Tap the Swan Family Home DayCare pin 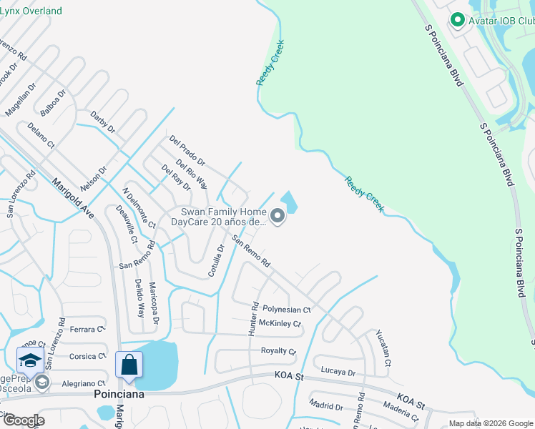click(277, 215)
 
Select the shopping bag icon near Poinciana click(129, 365)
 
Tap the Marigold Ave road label click(72, 197)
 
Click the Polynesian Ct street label click(287, 310)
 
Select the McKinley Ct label click(280, 324)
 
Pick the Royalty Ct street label click(278, 351)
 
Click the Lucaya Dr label click(338, 372)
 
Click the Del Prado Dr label click(187, 151)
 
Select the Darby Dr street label click(103, 122)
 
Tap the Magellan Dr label click(20, 99)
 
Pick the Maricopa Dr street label click(153, 301)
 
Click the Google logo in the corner click(23, 420)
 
